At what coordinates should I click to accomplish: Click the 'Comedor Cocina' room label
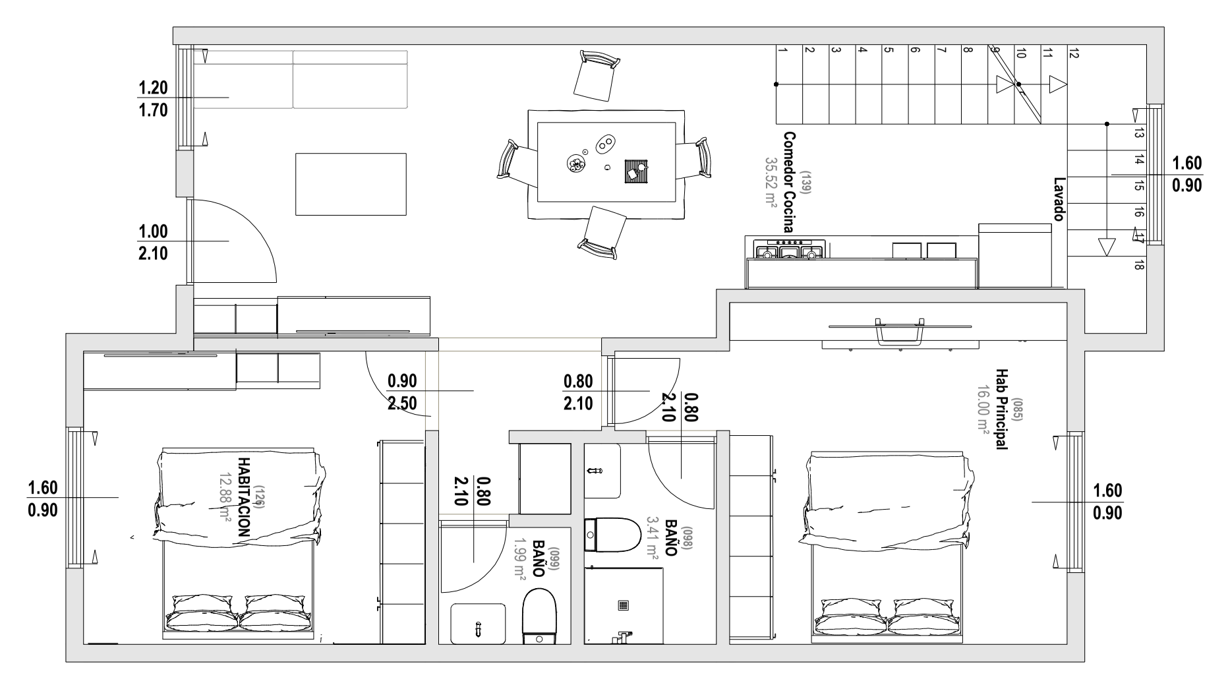click(788, 182)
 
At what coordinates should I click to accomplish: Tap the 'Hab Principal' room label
click(1001, 409)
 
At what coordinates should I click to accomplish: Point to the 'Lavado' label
click(1059, 198)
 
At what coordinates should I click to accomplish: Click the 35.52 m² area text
click(771, 182)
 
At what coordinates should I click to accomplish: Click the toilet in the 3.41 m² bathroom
click(612, 534)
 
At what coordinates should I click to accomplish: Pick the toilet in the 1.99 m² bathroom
click(539, 616)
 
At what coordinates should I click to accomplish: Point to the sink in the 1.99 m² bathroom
click(478, 623)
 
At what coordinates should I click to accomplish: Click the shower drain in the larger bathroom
click(624, 605)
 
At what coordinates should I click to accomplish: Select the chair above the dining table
click(597, 76)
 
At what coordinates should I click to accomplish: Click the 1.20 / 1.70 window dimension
click(153, 98)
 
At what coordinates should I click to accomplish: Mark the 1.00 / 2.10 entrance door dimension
click(153, 242)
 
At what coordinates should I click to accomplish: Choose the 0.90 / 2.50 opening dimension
click(402, 392)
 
